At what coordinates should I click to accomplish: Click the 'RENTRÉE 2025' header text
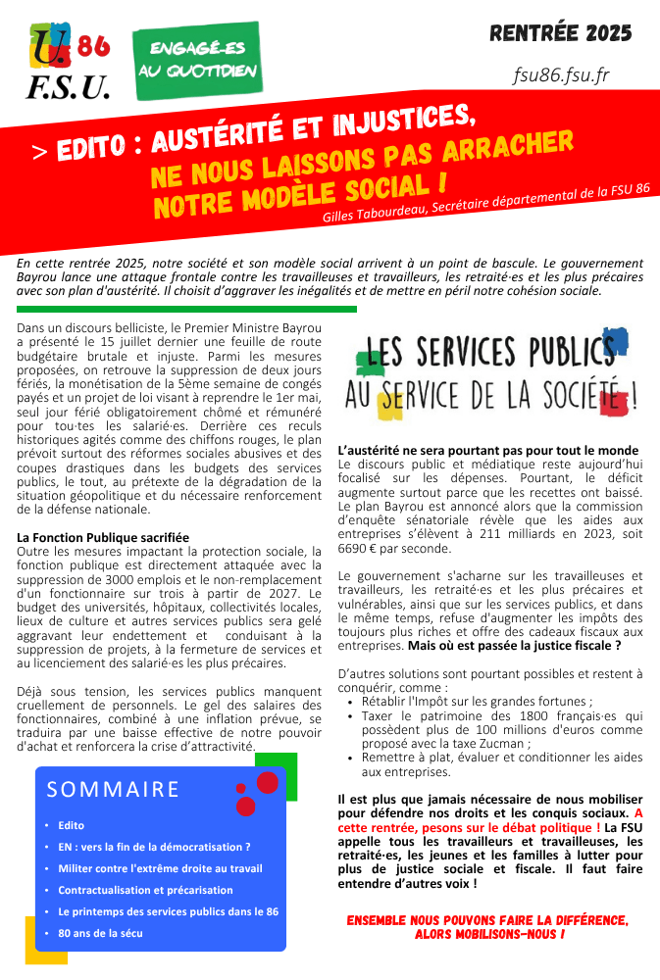(561, 34)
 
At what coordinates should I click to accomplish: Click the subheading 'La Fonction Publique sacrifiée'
(103, 538)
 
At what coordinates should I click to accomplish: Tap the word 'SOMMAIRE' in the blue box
(114, 789)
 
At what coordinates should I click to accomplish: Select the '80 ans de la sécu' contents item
(100, 933)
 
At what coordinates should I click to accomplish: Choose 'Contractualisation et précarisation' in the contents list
(145, 890)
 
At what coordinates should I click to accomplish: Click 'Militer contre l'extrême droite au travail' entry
(160, 868)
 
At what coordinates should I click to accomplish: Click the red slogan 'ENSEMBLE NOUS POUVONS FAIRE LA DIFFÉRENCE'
(487, 920)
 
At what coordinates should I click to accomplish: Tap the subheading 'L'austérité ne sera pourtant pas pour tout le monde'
(487, 450)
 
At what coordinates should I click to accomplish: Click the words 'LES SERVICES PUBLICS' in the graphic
(488, 351)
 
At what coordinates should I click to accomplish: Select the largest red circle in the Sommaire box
(267, 782)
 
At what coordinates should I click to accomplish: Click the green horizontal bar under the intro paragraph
(186, 309)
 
